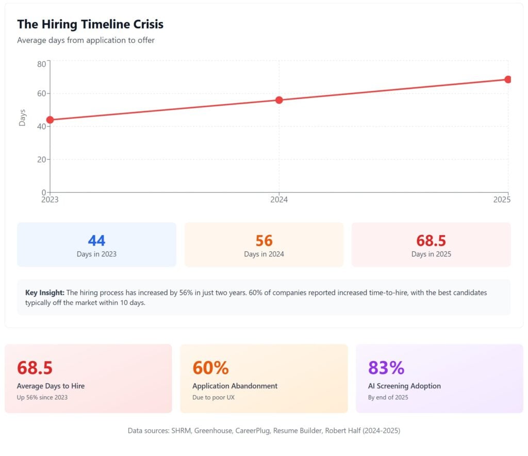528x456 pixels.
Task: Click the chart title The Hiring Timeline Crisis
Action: tap(90, 24)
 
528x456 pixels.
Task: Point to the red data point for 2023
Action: tap(50, 120)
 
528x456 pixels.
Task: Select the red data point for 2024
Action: tap(279, 100)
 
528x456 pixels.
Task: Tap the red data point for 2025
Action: tap(508, 79)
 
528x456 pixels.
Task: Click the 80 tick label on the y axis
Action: tap(41, 64)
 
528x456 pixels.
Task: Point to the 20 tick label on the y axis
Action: tap(41, 159)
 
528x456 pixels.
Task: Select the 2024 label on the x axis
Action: tap(279, 200)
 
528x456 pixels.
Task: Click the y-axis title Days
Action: tap(22, 118)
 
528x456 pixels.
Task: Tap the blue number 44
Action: tap(96, 240)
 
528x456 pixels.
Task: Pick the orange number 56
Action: tap(264, 240)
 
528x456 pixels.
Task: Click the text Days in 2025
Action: tap(431, 254)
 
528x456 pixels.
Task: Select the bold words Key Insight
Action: tap(45, 292)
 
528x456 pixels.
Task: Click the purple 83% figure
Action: tap(386, 368)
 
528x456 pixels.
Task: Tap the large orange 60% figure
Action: tap(210, 368)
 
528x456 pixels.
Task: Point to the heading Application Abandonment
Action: tap(235, 386)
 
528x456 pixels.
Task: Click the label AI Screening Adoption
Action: tap(404, 386)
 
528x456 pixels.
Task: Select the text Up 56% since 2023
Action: tap(42, 397)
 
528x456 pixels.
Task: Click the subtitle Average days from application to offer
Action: tap(86, 40)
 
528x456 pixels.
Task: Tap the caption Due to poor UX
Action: tap(213, 397)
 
